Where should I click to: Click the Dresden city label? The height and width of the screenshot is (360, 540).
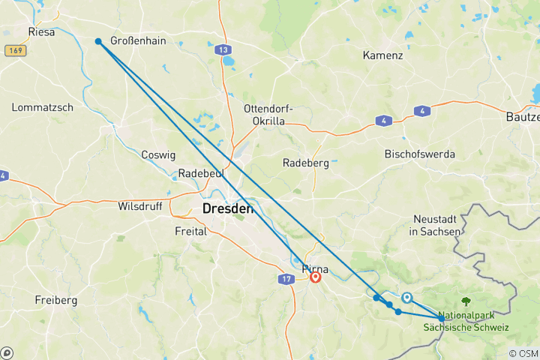(x=228, y=209)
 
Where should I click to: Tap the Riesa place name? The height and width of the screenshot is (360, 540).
(x=41, y=31)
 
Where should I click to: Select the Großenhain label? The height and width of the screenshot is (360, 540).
(x=137, y=40)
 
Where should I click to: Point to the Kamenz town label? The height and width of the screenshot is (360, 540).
(x=382, y=55)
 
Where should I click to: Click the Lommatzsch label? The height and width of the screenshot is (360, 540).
(x=43, y=107)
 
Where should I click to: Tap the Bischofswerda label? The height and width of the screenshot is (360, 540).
(x=419, y=154)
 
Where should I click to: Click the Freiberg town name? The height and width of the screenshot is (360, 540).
(x=56, y=300)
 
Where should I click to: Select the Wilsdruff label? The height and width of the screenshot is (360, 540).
(x=139, y=205)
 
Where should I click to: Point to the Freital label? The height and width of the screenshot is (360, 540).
(x=190, y=231)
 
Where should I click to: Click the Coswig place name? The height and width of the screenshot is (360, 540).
(x=158, y=154)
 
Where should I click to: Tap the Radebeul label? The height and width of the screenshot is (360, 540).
(x=197, y=173)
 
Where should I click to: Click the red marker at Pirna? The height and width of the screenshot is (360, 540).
(x=316, y=277)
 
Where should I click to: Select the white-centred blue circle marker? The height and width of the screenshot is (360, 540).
(x=406, y=297)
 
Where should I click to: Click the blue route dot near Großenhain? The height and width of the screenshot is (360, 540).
(x=98, y=41)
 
